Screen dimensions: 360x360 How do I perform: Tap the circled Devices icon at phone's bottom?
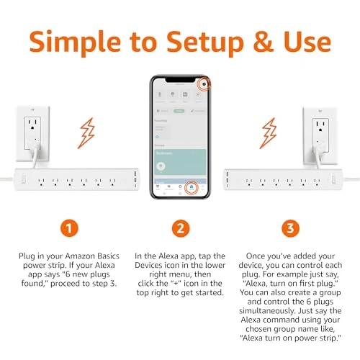point(192,189)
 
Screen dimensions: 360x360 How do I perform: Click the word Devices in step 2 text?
point(153,266)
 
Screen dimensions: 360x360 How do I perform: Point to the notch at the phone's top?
point(179,77)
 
